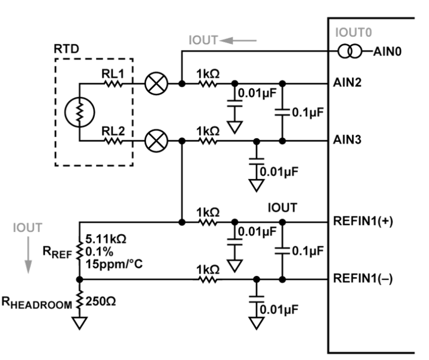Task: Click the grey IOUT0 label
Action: click(354, 33)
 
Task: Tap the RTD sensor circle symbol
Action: click(79, 112)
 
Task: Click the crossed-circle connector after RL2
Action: click(154, 141)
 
